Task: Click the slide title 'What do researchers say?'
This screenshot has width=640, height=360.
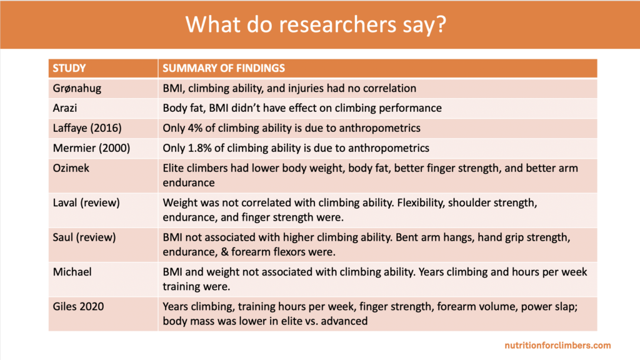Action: pos(316,24)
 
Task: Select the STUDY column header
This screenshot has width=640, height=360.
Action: pos(69,68)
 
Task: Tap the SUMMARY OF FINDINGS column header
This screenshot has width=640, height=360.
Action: pos(224,68)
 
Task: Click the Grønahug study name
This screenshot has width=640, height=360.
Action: pos(77,88)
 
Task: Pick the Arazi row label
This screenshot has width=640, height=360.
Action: pos(65,108)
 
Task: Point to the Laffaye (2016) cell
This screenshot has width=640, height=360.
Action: pos(87,128)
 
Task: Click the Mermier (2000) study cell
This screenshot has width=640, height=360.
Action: pos(91,148)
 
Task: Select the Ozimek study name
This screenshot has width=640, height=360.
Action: pos(71,168)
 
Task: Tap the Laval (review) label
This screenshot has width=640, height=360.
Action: pos(86,203)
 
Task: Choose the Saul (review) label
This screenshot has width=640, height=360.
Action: pos(84,237)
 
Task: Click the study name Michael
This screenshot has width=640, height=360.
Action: pos(72,272)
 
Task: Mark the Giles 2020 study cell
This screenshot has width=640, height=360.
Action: pos(78,306)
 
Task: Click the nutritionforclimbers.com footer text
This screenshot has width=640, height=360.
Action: pos(557,345)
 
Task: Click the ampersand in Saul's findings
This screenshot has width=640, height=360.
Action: pos(224,252)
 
